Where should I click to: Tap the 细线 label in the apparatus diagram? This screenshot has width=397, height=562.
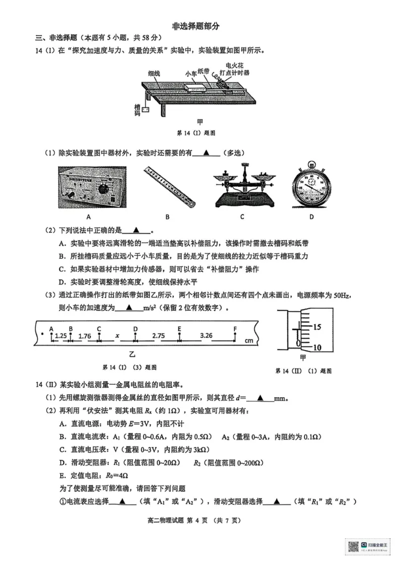click(154, 73)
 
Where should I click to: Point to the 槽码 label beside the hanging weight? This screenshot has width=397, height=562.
click(137, 110)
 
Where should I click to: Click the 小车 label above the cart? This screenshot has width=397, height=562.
click(191, 74)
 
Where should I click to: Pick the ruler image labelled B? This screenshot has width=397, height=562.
click(169, 186)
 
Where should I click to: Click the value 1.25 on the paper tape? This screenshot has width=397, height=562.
click(61, 336)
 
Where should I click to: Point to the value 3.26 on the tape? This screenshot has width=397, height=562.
click(206, 336)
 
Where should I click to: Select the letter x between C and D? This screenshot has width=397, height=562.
click(118, 336)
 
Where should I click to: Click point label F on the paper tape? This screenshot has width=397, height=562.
click(235, 329)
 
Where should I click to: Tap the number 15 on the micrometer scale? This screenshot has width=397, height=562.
click(318, 327)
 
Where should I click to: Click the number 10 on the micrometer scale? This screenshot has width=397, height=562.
click(318, 347)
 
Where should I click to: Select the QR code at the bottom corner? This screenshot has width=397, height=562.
click(353, 546)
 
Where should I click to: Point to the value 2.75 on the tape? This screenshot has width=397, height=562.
click(158, 336)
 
